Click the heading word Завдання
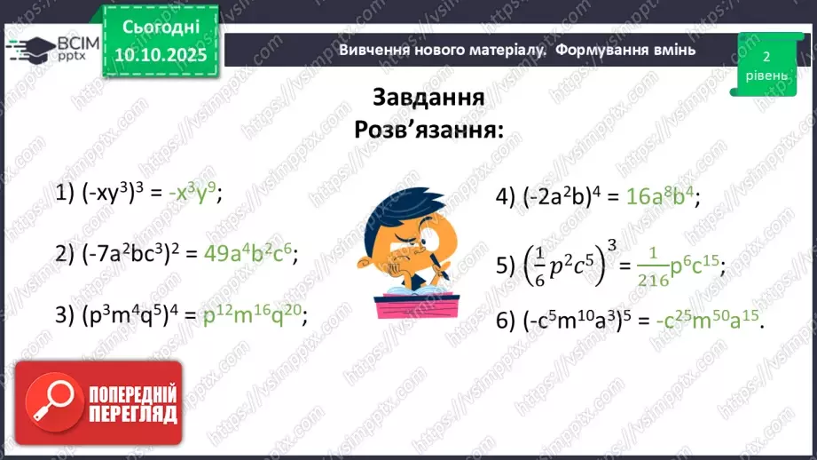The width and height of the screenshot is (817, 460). pos(428,98)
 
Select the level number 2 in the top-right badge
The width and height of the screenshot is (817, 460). pos(766,57)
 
